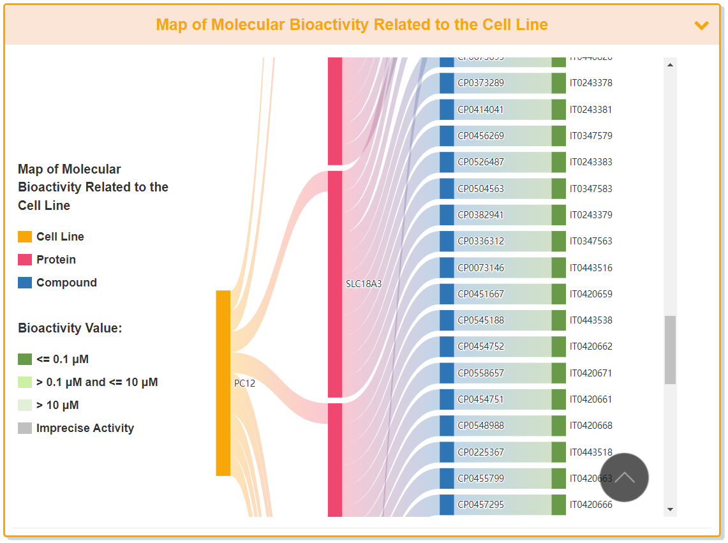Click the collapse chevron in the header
click(x=701, y=26)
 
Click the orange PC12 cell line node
click(x=223, y=383)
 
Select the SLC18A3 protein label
click(x=364, y=284)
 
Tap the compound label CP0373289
click(x=480, y=83)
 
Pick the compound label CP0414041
click(x=480, y=110)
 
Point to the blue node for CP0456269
click(x=447, y=136)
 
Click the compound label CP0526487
click(x=480, y=162)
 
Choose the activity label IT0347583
click(x=591, y=189)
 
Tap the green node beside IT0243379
click(x=559, y=215)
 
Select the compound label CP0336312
click(x=480, y=241)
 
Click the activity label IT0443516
click(x=591, y=268)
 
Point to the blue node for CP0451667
click(x=447, y=294)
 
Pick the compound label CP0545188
click(x=480, y=320)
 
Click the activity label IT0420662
click(x=591, y=346)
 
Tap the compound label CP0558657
click(x=480, y=373)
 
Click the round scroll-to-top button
click(x=624, y=477)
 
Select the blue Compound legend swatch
click(x=25, y=283)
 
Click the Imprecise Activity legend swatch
click(x=25, y=428)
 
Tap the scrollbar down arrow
click(x=670, y=509)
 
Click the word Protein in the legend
click(x=56, y=260)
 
